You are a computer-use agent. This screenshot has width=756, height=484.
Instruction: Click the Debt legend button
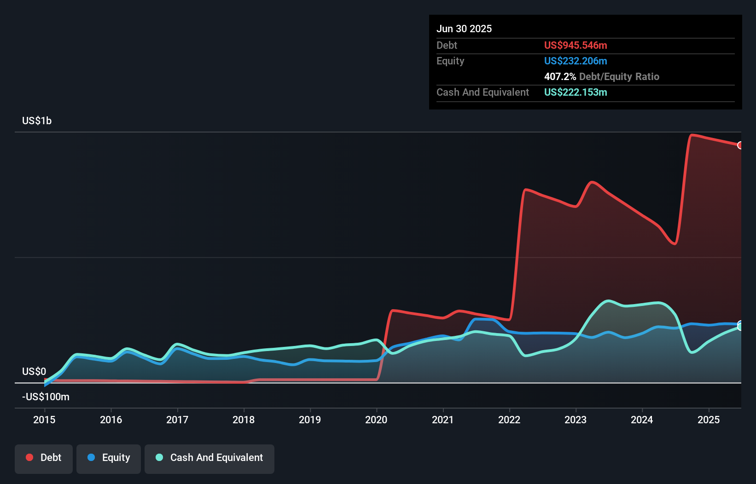tap(44, 458)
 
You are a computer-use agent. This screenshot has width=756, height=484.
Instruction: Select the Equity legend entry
tap(109, 458)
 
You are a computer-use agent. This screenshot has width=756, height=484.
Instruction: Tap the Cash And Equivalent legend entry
tap(209, 458)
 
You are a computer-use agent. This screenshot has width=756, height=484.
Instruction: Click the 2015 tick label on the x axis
tap(44, 420)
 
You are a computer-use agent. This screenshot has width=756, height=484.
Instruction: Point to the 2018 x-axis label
tap(244, 420)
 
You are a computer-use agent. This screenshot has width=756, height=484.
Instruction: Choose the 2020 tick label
tap(376, 420)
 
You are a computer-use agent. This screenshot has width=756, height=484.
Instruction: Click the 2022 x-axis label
tap(509, 420)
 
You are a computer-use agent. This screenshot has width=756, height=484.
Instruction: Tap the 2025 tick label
tap(709, 420)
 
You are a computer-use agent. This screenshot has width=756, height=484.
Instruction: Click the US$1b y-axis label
tap(37, 121)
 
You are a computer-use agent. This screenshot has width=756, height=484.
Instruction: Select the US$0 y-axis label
tap(34, 371)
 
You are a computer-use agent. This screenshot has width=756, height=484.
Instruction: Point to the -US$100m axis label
tap(46, 397)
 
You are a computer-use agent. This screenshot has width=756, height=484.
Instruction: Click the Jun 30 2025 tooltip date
tap(464, 29)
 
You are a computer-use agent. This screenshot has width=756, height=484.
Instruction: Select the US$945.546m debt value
tap(576, 46)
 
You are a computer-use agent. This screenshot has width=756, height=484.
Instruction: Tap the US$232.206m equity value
tap(576, 61)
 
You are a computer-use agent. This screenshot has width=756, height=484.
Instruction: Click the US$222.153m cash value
tap(576, 92)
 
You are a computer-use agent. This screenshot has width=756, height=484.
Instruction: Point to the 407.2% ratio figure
tap(560, 77)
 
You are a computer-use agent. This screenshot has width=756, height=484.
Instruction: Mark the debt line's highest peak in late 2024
tap(692, 135)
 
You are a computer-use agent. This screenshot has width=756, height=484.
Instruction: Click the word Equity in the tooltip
tap(450, 61)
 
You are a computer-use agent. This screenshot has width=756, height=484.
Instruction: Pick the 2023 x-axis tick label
tap(576, 420)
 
